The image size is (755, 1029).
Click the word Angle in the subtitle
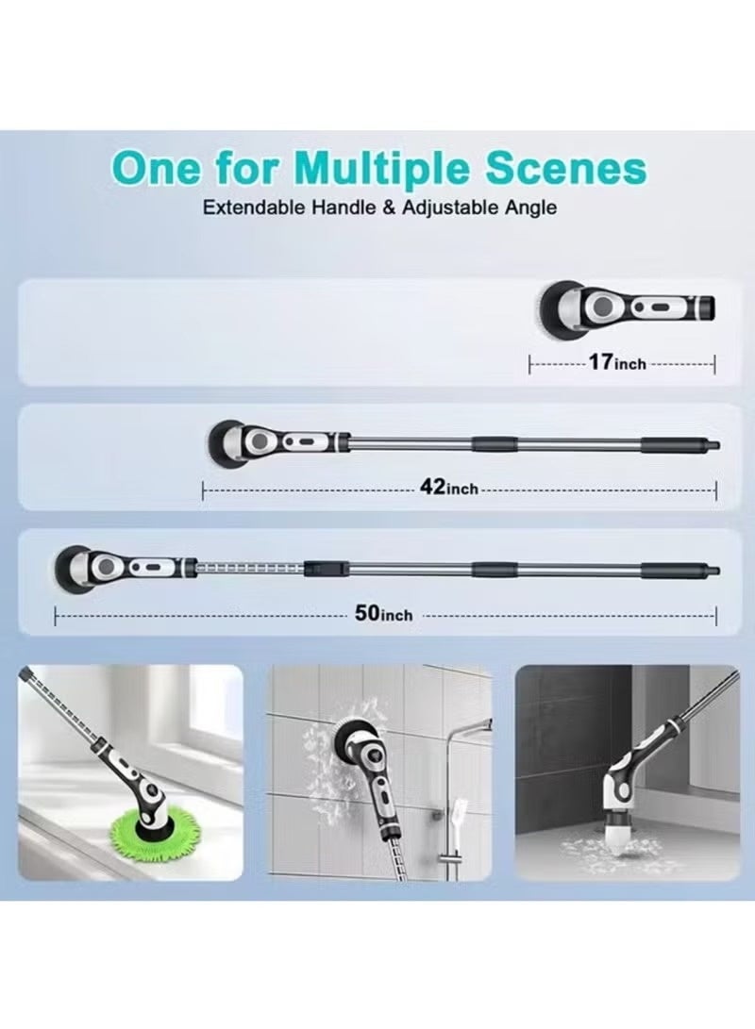530,208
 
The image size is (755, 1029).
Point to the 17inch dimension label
617,362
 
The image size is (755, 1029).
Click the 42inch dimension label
449,488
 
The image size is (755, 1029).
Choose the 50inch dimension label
383,614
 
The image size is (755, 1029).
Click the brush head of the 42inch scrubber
225,443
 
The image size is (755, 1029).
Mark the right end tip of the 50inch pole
719,570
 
